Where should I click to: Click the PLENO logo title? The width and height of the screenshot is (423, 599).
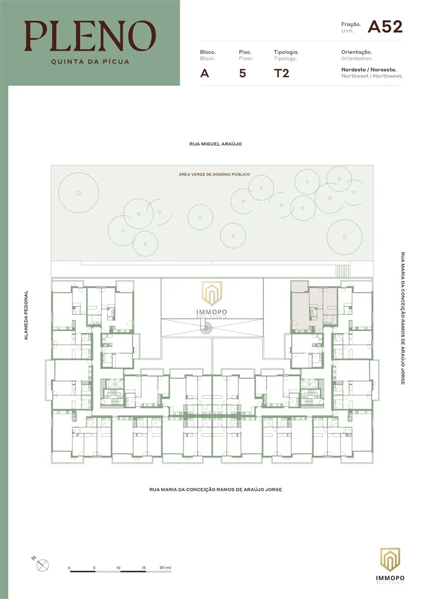[x=90, y=36]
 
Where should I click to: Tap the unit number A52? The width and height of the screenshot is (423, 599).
[x=385, y=27]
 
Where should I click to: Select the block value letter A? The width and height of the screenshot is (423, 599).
[x=205, y=73]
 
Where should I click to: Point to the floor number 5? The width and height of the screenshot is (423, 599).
[x=242, y=73]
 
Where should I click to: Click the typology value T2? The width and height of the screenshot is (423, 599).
[x=282, y=73]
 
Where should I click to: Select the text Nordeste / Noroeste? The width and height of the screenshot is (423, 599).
[x=369, y=69]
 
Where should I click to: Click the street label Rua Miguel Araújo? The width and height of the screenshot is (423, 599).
[x=215, y=144]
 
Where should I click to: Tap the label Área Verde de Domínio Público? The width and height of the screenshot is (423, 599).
[x=214, y=174]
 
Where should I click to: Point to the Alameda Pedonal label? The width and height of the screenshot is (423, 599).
[x=26, y=315]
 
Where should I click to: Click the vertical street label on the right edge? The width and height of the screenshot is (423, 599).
[x=403, y=318]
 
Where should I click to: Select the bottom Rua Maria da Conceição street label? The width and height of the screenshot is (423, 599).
[x=216, y=489]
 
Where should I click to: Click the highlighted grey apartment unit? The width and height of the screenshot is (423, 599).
[x=314, y=306]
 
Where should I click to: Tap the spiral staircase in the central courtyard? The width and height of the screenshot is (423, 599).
[x=207, y=327]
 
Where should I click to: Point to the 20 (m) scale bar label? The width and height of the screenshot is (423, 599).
[x=165, y=567]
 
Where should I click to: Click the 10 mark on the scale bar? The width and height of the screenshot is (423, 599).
[x=118, y=568]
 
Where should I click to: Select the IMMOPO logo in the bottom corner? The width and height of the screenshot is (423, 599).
[x=390, y=565]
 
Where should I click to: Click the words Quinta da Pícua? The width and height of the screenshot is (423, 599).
[x=90, y=62]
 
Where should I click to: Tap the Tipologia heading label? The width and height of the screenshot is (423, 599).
[x=286, y=52]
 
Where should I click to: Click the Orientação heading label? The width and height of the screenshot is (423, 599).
[x=356, y=52]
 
